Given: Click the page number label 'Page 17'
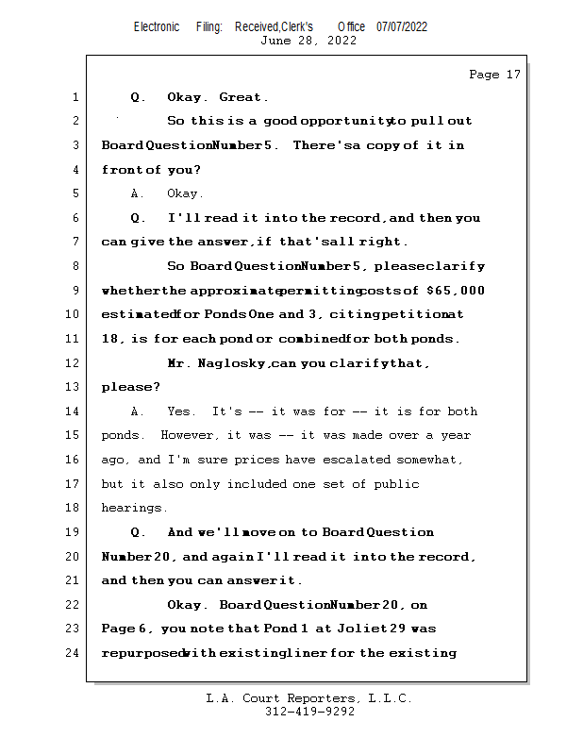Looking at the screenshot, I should pos(494,75).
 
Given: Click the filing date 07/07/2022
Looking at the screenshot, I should pos(401,26).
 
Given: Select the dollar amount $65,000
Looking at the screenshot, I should pos(456,291).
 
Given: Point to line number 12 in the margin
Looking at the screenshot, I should pos(74,363).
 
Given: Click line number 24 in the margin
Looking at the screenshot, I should pos(74,653).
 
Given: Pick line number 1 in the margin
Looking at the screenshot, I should pos(74,97).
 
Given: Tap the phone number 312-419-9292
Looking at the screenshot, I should pos(309,713).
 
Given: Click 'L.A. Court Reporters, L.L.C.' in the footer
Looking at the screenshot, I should pos(309,698).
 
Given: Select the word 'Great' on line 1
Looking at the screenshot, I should pos(241,97).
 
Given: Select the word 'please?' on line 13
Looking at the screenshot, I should pos(130,387).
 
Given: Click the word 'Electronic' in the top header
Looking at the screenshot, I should pos(157,26).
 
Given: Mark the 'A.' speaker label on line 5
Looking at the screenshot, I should pos(138,193).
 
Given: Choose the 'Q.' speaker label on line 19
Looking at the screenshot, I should pos(138,532).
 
